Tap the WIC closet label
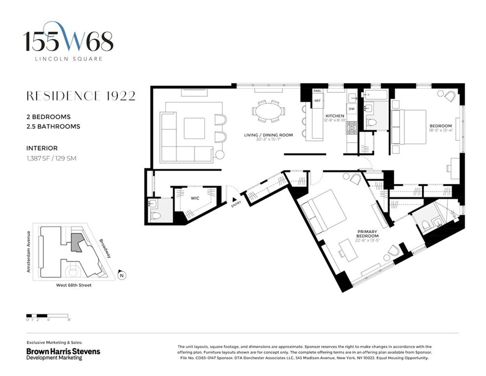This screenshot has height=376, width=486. tap(196, 198)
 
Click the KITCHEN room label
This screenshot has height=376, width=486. tap(335, 116)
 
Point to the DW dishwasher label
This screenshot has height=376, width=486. tap(351, 109)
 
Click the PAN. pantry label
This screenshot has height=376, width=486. tap(318, 91)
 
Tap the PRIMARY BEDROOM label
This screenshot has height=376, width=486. tap(367, 234)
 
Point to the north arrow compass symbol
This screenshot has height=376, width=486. tap(121, 275)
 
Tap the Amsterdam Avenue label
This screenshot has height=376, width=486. tap(29, 251)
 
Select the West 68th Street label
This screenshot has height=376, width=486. tap(74, 285)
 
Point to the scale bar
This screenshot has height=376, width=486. tap(47, 315)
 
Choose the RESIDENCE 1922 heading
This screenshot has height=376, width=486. tap(81, 96)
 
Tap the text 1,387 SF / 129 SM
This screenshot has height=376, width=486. tap(51, 158)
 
